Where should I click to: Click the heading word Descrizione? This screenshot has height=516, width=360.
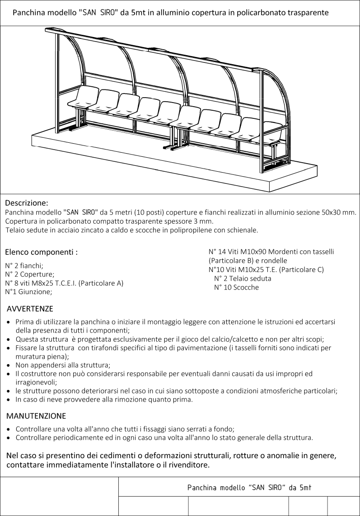[26, 202]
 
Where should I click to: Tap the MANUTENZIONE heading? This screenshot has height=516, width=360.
[36, 415]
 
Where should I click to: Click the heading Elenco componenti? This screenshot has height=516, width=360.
[41, 252]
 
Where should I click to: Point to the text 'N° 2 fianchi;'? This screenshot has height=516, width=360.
[24, 266]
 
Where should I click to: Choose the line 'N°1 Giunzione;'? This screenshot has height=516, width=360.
[28, 291]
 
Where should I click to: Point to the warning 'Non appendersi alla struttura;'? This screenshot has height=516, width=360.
[63, 365]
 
